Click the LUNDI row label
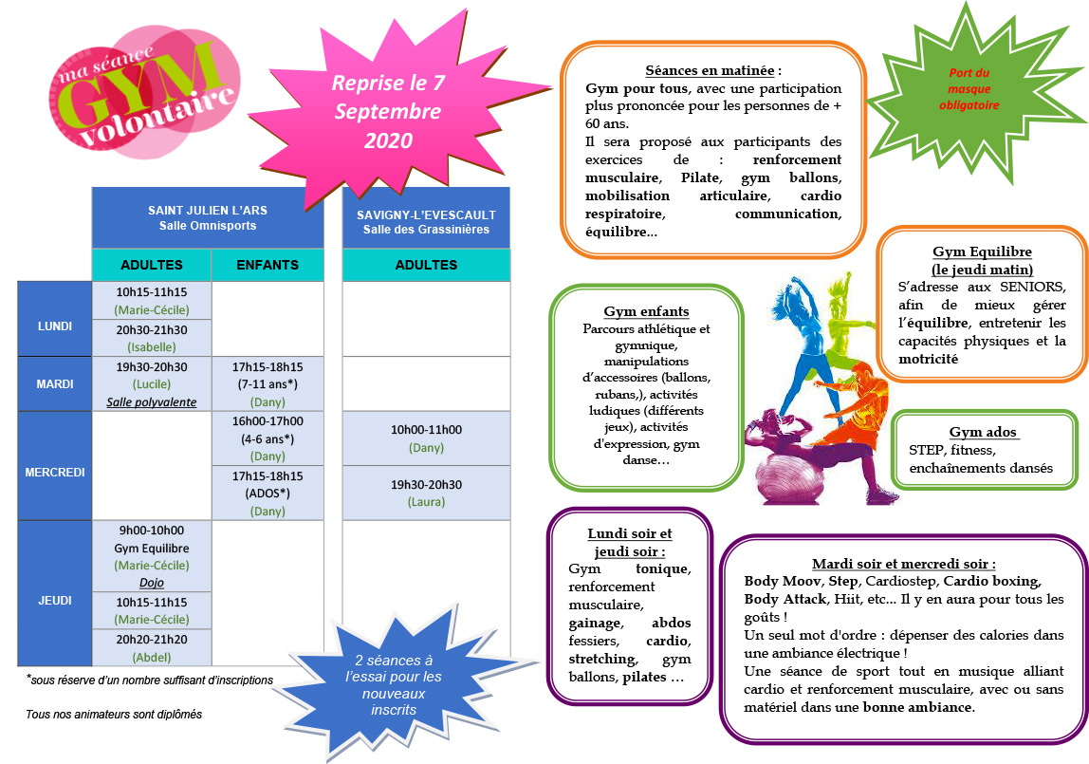coord(55,326)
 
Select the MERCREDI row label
coord(55,473)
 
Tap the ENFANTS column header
coord(268,265)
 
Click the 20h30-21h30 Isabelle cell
coord(152,338)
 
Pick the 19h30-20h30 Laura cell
coord(427,494)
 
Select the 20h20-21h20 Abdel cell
coord(152,648)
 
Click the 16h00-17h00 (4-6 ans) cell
coord(268,438)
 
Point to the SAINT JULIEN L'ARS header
coord(208,217)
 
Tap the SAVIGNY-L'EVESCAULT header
coord(427,221)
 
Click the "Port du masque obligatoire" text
coord(969,89)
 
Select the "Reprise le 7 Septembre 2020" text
coord(388,111)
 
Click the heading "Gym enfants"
coord(646,311)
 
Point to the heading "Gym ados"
coord(983,432)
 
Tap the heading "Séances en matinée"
coord(710,70)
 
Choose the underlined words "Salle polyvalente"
coord(152,402)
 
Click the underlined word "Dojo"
coord(152,583)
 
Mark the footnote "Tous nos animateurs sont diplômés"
coord(114,714)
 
